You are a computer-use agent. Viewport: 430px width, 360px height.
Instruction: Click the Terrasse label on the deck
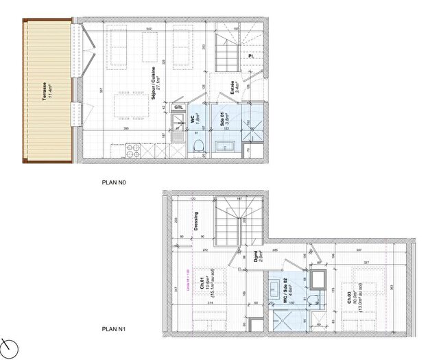pyautogui.click(x=46, y=91)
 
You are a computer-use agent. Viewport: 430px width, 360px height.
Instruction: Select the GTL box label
pyautogui.click(x=178, y=108)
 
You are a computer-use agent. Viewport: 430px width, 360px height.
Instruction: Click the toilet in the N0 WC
pyautogui.click(x=197, y=145)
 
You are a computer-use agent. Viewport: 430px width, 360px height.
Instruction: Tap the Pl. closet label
pyautogui.click(x=252, y=56)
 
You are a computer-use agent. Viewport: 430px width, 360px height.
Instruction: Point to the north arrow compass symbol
pyautogui.click(x=8, y=346)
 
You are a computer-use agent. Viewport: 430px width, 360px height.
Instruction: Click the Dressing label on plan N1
pyautogui.click(x=195, y=220)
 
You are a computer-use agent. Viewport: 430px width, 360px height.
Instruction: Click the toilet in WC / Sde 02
pyautogui.click(x=312, y=298)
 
